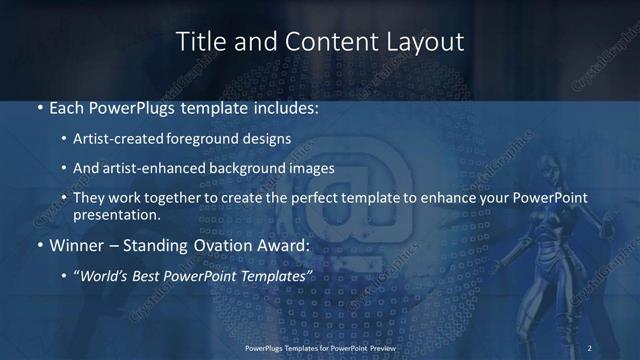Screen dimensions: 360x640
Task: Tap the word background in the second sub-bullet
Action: click(248, 168)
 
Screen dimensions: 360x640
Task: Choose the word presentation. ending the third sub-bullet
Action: click(116, 214)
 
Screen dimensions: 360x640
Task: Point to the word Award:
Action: click(285, 244)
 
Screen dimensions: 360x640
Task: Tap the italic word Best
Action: click(150, 274)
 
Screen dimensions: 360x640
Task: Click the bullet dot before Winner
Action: click(39, 245)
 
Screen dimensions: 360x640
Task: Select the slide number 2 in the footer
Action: click(590, 347)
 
